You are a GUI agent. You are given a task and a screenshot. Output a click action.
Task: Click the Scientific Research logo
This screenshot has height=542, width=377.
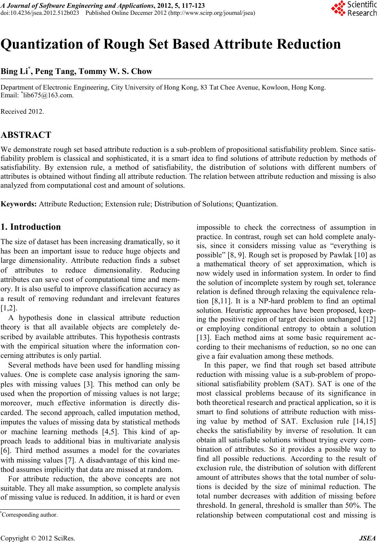click(353, 9)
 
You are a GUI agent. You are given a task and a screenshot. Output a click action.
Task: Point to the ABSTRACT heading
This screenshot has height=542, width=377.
click(26, 135)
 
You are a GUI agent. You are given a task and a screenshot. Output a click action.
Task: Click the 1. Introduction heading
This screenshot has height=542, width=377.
click(31, 227)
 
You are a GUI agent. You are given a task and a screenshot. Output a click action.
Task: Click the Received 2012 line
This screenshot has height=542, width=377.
click(22, 111)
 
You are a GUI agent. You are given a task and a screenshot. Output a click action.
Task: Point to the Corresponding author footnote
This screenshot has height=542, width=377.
click(30, 515)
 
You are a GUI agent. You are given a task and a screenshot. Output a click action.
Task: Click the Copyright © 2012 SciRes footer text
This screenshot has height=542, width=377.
click(38, 538)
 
